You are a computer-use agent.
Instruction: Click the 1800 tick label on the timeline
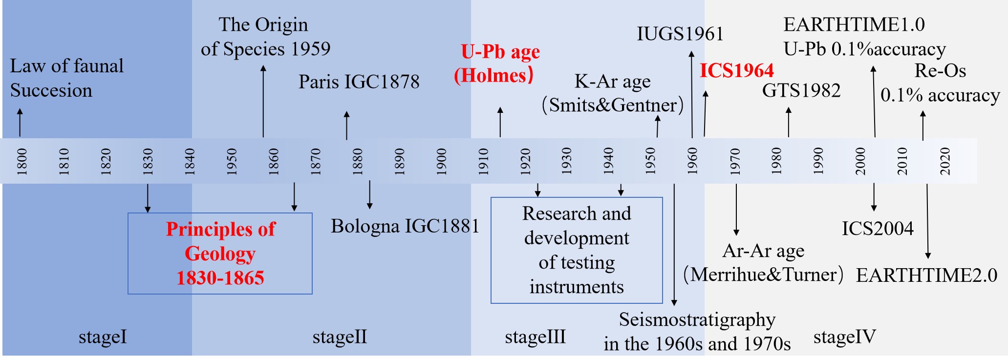(x=22, y=161)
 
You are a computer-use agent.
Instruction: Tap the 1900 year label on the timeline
(x=442, y=161)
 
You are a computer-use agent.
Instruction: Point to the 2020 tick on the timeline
(x=945, y=161)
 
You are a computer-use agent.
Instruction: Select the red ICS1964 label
(x=736, y=71)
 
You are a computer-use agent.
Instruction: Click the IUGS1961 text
(x=680, y=34)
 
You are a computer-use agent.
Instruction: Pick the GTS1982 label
(x=801, y=90)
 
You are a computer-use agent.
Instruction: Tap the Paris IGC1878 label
(x=359, y=82)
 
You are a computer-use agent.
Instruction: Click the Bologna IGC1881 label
(x=405, y=226)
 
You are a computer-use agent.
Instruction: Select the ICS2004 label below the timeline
(x=877, y=228)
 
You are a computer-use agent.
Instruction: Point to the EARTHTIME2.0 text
(x=926, y=275)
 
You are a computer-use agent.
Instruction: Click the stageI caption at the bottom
(x=103, y=337)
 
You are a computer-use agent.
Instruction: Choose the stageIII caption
(x=535, y=337)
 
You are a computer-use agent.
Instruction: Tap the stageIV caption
(x=844, y=337)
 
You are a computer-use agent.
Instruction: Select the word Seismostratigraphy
(x=697, y=319)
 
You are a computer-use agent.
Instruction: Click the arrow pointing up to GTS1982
(x=788, y=122)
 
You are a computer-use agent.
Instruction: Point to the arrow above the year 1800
(x=20, y=122)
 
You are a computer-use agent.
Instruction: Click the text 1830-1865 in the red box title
(x=220, y=278)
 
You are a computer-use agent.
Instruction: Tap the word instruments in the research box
(x=577, y=287)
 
